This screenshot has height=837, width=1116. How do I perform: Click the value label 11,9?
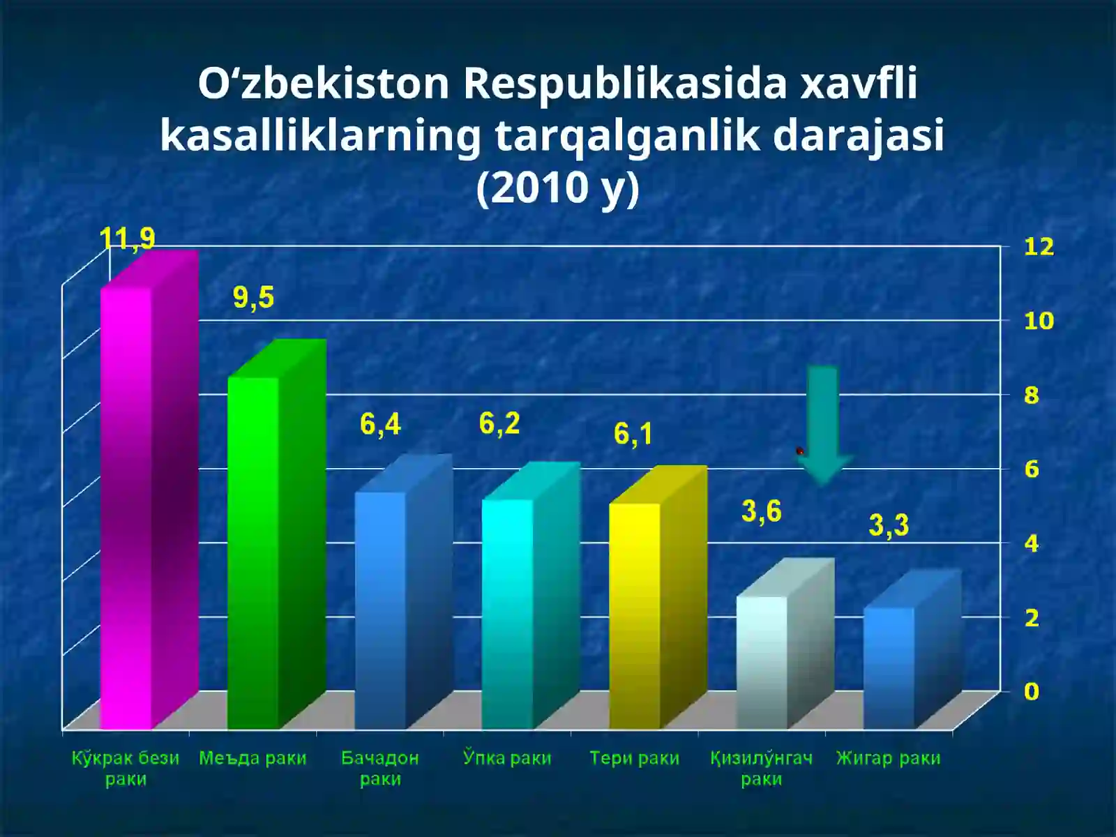point(127,239)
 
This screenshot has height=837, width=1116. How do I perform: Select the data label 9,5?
point(253,298)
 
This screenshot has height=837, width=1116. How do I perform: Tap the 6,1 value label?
point(633,434)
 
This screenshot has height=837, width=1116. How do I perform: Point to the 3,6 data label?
point(762,511)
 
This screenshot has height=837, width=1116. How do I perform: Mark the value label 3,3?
point(889,525)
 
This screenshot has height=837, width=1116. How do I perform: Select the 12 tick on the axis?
point(1039,247)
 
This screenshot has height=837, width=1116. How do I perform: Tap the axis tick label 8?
point(1032,395)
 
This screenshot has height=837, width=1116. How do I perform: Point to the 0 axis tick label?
point(1032,691)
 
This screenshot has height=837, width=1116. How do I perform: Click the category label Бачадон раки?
point(380,768)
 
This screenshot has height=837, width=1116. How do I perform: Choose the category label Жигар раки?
point(889,758)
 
